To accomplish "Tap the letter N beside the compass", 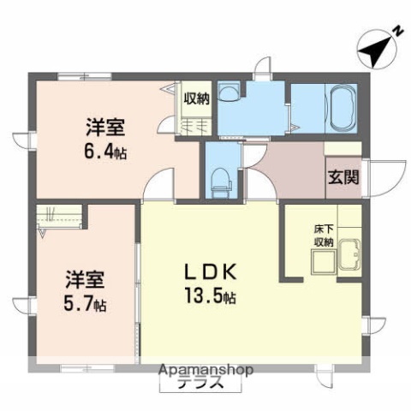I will tap(396, 32).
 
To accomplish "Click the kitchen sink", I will tap(349, 255).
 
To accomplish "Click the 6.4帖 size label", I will tap(105, 154).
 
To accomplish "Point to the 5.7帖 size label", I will tap(89, 303).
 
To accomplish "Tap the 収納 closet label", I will tap(196, 98).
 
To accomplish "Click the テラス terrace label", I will tap(201, 384).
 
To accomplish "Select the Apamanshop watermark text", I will tap(205, 371).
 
